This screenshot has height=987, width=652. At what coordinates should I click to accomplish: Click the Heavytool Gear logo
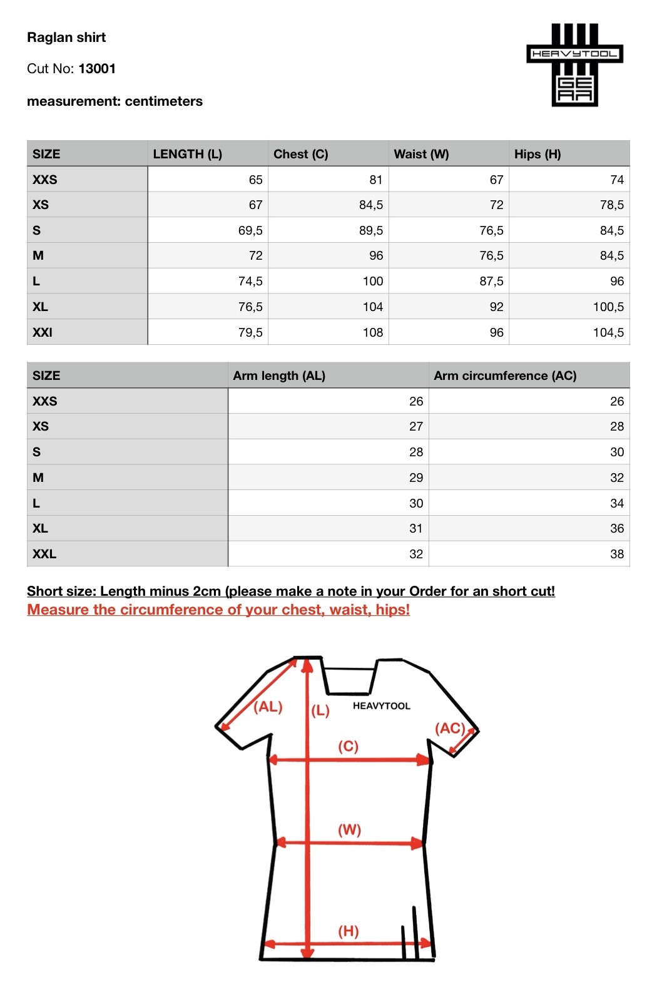click(574, 65)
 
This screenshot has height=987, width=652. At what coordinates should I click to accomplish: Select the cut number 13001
click(97, 69)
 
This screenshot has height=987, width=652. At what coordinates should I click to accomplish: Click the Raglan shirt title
click(66, 38)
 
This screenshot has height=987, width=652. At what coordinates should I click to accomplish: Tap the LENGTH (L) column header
click(187, 154)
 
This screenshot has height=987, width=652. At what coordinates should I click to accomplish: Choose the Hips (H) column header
click(537, 154)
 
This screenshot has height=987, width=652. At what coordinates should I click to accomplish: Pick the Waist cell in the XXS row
click(496, 180)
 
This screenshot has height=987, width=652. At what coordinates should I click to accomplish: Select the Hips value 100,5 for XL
click(608, 307)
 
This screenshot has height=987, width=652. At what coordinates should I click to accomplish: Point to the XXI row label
click(43, 332)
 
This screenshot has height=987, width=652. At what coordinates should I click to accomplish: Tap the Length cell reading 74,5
click(250, 281)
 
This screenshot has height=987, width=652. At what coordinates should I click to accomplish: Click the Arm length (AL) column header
click(279, 376)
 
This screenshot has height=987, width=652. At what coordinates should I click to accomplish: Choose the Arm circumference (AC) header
click(505, 376)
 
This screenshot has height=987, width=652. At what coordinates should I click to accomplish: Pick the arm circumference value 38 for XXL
click(616, 554)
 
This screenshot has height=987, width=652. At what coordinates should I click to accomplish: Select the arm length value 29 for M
click(416, 478)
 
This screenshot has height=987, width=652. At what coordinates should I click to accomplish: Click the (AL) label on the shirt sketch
click(268, 707)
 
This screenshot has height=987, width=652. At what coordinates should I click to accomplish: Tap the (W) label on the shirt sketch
click(349, 830)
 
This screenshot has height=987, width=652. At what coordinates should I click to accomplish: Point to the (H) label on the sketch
click(349, 931)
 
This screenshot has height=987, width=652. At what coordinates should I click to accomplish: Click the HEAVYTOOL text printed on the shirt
click(381, 706)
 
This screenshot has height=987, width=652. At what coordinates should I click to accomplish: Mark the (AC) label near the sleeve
click(450, 728)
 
